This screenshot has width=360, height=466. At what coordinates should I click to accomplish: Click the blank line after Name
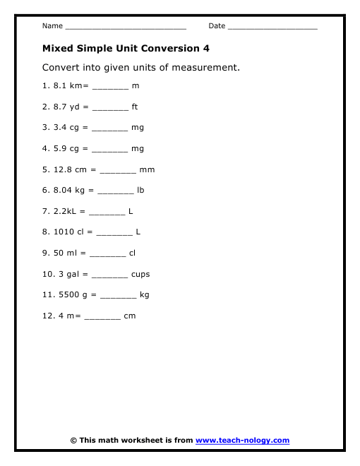[x=125, y=28]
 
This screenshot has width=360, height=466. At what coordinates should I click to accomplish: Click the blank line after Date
[x=272, y=28]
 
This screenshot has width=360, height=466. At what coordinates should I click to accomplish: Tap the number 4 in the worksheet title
[x=206, y=49]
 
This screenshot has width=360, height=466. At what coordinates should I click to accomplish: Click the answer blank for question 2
[x=110, y=109]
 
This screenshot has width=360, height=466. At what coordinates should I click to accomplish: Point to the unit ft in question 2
[x=135, y=107]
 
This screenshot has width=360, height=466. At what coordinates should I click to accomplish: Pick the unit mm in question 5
[x=148, y=169]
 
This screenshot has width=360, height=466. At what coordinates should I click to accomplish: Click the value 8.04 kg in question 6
[x=72, y=190]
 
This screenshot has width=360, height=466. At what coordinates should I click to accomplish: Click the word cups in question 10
[x=140, y=274]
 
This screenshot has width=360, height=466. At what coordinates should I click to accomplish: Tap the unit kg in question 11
[x=145, y=295]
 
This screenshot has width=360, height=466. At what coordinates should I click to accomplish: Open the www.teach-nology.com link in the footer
[x=242, y=440]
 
